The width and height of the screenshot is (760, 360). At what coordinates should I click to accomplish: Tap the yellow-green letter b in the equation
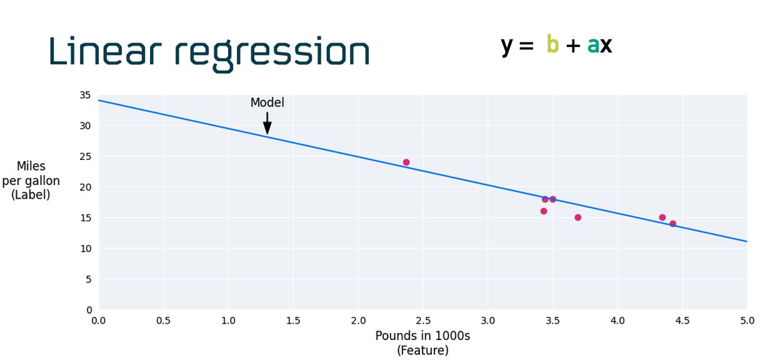(552, 45)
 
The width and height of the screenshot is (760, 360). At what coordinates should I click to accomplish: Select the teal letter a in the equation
(593, 46)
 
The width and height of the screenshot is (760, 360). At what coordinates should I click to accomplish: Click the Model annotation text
(267, 103)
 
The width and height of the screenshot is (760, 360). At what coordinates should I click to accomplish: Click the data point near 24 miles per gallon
(406, 162)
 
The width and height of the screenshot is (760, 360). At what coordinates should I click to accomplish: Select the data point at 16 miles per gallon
(544, 211)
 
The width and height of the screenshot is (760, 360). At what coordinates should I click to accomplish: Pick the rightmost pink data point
(672, 224)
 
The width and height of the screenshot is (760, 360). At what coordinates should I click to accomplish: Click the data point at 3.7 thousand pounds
(578, 217)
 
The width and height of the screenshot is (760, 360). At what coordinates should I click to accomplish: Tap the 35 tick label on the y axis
(85, 95)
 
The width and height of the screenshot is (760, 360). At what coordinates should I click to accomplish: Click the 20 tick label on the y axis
(85, 187)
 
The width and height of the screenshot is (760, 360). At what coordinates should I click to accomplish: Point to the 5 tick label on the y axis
(88, 279)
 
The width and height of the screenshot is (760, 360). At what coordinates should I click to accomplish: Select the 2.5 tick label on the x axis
(422, 321)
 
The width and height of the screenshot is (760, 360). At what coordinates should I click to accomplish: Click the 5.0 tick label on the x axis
(747, 321)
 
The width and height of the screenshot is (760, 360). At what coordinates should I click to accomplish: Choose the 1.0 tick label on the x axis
(228, 321)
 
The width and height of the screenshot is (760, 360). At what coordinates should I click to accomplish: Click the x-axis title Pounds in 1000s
(422, 336)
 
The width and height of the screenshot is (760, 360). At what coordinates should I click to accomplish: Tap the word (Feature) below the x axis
(422, 351)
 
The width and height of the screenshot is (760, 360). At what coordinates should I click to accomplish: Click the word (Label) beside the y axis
(31, 195)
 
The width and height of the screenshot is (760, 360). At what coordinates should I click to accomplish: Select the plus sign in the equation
(572, 46)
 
